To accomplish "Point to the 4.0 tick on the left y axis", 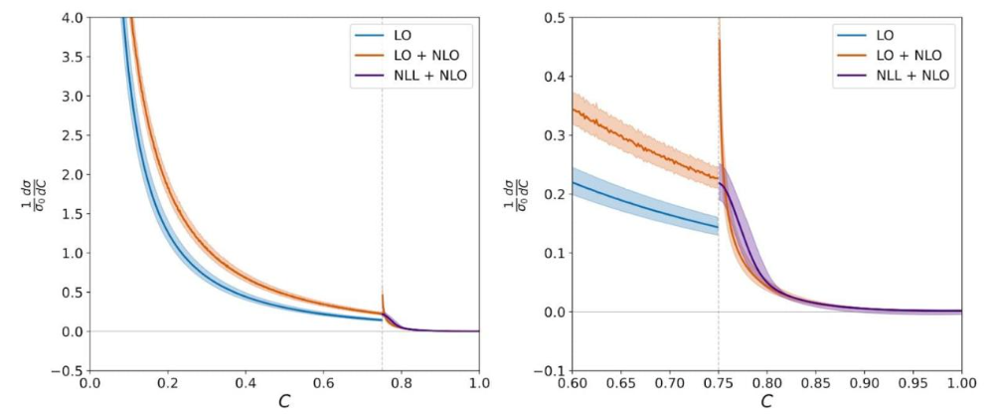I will click(x=70, y=17).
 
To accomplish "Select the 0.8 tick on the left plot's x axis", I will click(x=402, y=382).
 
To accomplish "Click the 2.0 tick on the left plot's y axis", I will click(x=70, y=174).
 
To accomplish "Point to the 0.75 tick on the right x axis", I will click(x=719, y=382).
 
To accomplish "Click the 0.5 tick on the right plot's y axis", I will click(x=554, y=17).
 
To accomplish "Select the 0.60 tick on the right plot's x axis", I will click(x=573, y=382).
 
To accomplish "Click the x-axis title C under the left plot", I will click(x=284, y=403).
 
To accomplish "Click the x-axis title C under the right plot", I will click(x=767, y=403).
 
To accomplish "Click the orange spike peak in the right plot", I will click(x=719, y=40).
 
